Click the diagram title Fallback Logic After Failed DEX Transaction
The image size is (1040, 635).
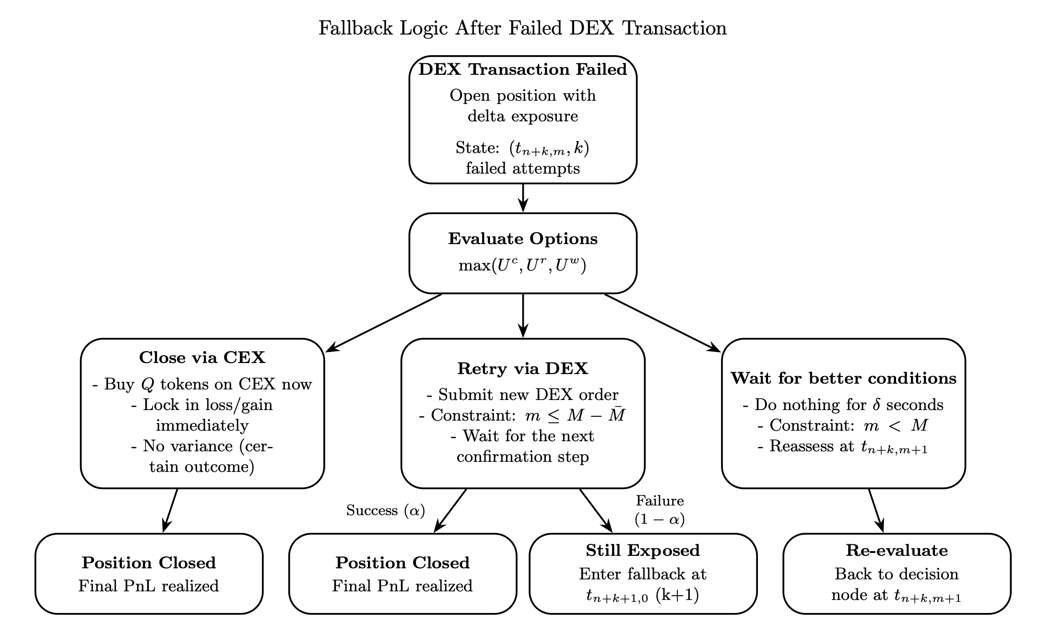(x=522, y=28)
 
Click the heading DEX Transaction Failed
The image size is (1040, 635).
(x=522, y=70)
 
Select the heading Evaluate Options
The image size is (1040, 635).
(x=522, y=239)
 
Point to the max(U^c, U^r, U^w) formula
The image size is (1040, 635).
(x=522, y=265)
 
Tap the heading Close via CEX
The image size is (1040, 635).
(x=202, y=358)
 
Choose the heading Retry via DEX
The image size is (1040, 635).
(x=522, y=369)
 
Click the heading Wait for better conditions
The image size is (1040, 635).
(x=843, y=378)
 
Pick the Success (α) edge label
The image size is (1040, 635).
(x=386, y=511)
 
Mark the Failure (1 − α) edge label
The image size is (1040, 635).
(x=660, y=510)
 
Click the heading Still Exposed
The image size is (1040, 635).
(x=643, y=551)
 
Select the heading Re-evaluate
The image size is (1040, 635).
(x=897, y=551)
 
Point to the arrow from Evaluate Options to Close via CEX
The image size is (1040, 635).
(x=384, y=323)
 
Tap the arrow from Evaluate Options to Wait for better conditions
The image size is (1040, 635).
(x=662, y=323)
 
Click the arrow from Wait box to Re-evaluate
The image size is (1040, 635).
(x=875, y=510)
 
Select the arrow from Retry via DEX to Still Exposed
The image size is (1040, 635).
(x=596, y=510)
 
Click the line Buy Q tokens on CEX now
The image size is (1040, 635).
(x=202, y=385)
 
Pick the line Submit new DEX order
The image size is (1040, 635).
(x=522, y=395)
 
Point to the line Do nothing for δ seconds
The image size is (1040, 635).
(x=843, y=405)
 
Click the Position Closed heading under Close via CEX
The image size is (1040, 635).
(x=149, y=563)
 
